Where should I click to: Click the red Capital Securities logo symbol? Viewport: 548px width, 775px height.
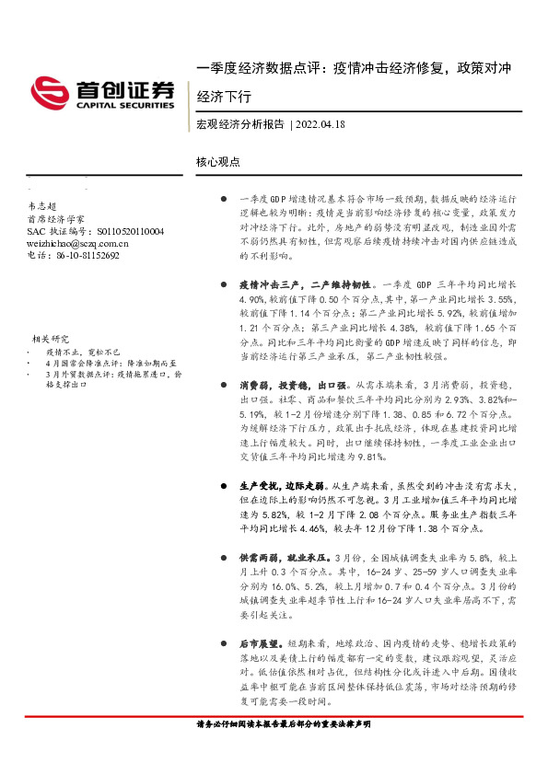(x=47, y=91)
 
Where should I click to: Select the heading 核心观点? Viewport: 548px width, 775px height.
(x=217, y=161)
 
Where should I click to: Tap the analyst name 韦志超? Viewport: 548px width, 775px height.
(x=42, y=208)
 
